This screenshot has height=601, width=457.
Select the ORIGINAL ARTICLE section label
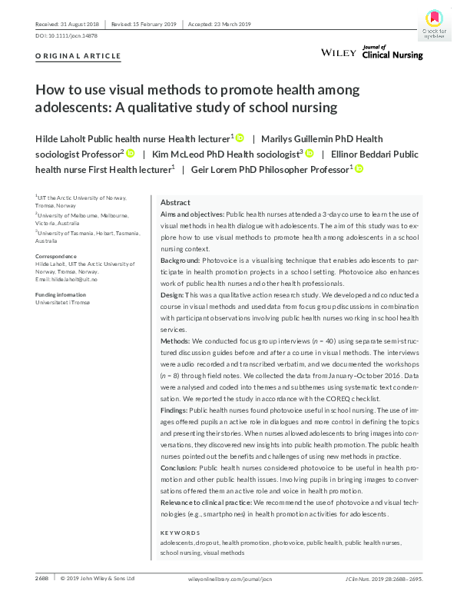(x=78, y=56)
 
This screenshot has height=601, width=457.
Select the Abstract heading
(x=175, y=202)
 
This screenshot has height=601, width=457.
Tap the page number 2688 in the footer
(x=43, y=578)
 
